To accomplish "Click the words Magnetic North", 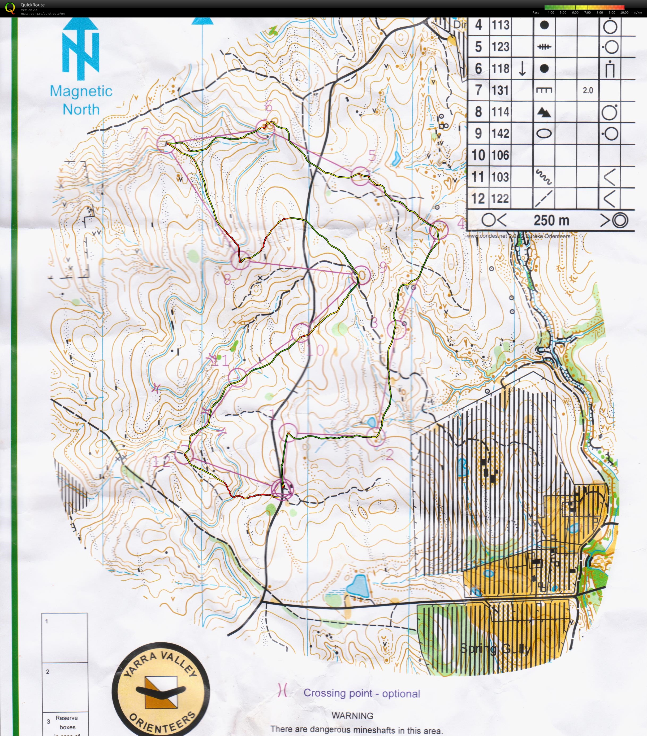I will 81,100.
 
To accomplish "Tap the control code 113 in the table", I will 501,25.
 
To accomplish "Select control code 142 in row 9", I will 501,134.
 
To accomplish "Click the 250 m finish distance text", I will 551,220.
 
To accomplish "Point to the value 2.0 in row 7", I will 588,90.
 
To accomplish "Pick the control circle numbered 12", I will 184,454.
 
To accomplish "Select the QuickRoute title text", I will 32,5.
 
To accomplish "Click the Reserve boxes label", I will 67,722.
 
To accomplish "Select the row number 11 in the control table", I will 478,177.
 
